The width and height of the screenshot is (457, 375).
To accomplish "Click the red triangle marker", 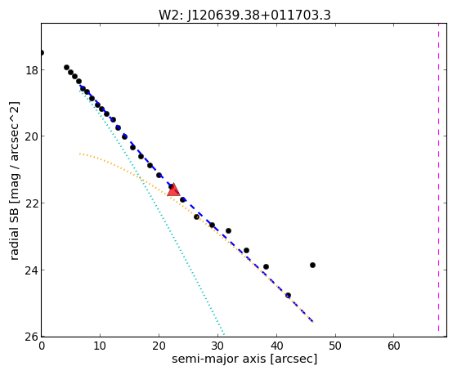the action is tap(173, 190).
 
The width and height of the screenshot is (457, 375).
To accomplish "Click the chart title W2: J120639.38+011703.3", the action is tap(244, 16).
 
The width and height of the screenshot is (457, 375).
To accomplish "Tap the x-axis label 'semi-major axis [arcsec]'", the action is tap(244, 359).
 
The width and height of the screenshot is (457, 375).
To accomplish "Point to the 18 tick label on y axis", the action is tap(32, 70).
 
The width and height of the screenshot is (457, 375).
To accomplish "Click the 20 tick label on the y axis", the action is tap(32, 136).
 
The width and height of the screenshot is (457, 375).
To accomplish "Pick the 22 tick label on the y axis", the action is tap(32, 203).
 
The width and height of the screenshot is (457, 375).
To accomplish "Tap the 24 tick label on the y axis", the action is tap(32, 270).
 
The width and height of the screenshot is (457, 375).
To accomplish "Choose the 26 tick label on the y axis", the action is tap(32, 337).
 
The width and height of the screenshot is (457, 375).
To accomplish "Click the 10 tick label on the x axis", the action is tap(100, 346).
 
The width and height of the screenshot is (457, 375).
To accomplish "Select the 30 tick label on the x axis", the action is tap(217, 346).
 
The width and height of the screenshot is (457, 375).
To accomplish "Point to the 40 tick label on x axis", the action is tap(276, 346).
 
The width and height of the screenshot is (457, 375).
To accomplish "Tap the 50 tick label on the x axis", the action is tap(335, 346).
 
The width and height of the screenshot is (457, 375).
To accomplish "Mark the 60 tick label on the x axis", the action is tap(394, 346).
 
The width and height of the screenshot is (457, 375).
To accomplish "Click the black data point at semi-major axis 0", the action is tap(42, 53).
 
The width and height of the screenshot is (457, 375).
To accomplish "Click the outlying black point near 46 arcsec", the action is tap(313, 266).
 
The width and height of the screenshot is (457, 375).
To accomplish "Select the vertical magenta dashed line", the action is tap(438, 180).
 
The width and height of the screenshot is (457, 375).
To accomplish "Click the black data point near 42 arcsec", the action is tap(288, 296).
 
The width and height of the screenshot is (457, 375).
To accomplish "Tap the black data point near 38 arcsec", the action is tap(266, 266).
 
